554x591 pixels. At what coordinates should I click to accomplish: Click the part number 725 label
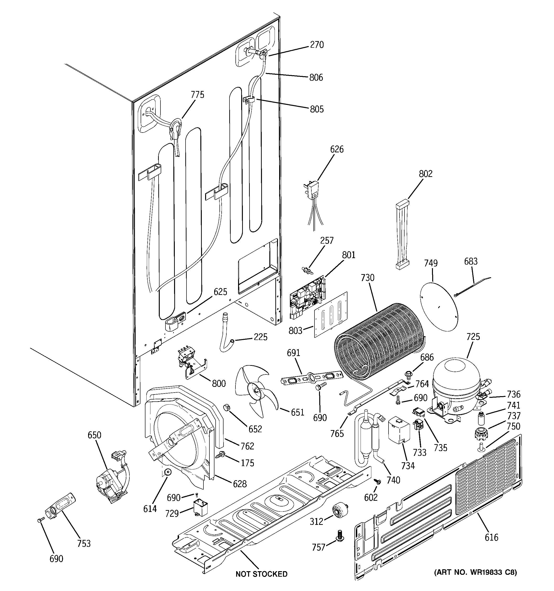473,337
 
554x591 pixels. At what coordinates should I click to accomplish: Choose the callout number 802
426,174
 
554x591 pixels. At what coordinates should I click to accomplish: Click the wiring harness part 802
402,235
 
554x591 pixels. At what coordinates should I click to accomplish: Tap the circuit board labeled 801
308,297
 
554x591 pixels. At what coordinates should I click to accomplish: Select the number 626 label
337,149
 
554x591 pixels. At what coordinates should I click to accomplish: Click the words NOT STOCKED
261,574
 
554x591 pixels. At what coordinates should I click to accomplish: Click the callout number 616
491,537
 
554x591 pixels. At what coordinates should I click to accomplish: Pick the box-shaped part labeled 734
399,431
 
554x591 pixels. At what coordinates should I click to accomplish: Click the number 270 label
317,45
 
